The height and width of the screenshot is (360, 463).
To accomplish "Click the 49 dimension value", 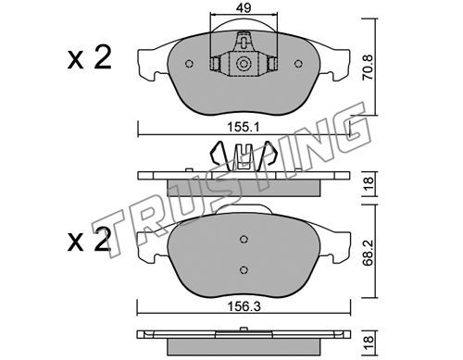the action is [x=244, y=7].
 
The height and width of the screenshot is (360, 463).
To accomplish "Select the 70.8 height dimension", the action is [x=368, y=68].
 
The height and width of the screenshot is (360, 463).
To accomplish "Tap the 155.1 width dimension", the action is [x=244, y=127].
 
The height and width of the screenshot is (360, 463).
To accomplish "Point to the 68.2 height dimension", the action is [x=368, y=254].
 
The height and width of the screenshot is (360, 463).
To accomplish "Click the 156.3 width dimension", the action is [x=244, y=306].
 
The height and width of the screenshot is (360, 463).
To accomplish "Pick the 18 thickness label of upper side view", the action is [x=369, y=184].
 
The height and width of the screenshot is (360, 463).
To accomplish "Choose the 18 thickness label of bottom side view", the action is [x=369, y=341].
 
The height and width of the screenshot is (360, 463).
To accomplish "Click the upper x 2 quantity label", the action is [x=89, y=58].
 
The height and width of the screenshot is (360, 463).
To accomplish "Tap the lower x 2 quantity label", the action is [x=89, y=240].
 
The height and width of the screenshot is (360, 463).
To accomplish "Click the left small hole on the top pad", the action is [x=189, y=64].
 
